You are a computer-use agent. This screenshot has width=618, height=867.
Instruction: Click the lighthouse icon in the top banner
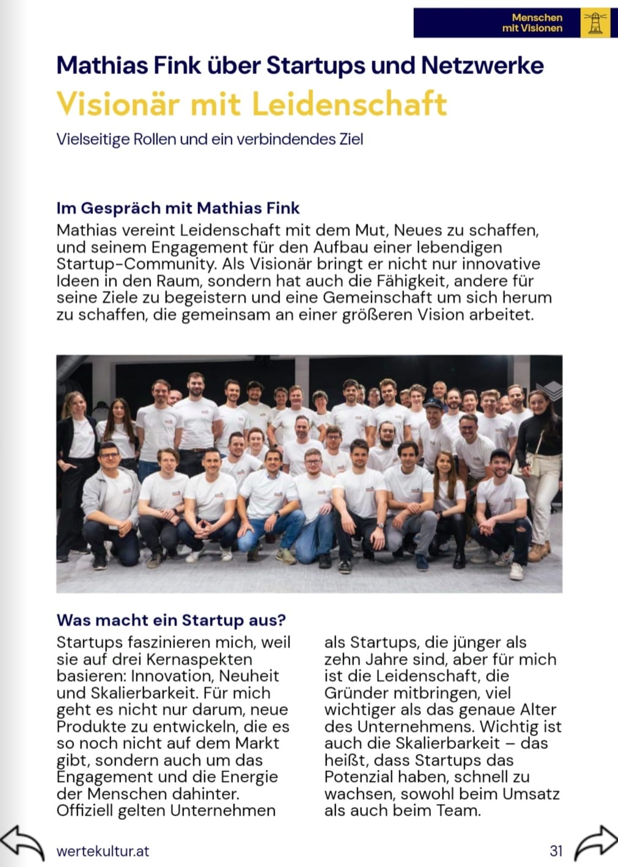tap(595, 23)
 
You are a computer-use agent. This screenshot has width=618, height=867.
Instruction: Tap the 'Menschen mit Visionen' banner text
tap(531, 23)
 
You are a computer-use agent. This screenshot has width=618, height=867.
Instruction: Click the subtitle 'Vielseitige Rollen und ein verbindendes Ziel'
tap(210, 139)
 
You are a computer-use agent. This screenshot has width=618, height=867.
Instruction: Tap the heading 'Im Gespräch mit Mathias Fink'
tap(178, 208)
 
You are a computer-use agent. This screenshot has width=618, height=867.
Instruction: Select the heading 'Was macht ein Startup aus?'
tap(171, 620)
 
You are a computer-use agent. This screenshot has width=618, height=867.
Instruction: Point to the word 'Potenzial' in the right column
tap(359, 777)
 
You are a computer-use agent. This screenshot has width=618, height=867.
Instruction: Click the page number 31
tap(556, 851)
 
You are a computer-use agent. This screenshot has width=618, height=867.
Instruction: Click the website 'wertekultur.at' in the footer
tap(103, 851)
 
